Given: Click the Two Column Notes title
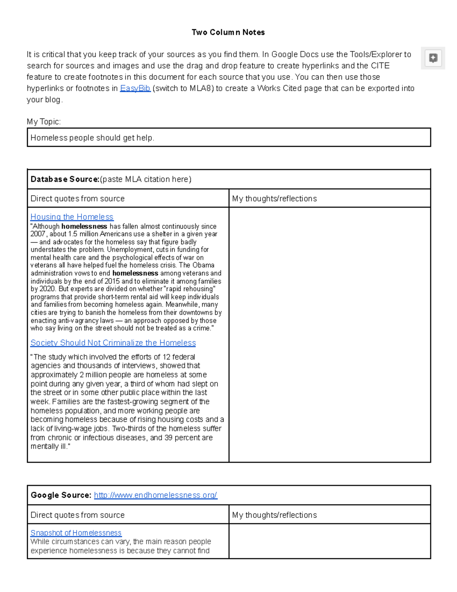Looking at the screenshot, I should [x=228, y=32].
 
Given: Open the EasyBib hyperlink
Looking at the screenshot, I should [x=135, y=88].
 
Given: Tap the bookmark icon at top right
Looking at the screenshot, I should [x=433, y=58].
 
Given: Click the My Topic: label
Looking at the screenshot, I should [x=43, y=122].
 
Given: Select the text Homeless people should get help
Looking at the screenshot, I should [x=92, y=138].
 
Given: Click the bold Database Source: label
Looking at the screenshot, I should [x=65, y=179].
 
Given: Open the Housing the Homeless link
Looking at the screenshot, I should [x=72, y=217].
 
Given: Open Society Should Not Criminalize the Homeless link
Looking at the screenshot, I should [x=113, y=343].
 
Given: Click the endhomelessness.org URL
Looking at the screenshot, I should [x=155, y=495].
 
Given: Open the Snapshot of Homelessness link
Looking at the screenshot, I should [x=76, y=533].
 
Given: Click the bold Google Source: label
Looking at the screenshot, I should [x=61, y=495].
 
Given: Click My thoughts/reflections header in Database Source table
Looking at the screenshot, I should [x=274, y=199].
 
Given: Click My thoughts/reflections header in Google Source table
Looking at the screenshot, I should [x=274, y=515].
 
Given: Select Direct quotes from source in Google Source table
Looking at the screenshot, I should [x=77, y=515].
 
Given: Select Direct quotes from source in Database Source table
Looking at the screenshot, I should [x=77, y=199].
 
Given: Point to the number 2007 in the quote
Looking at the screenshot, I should [x=38, y=234].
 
